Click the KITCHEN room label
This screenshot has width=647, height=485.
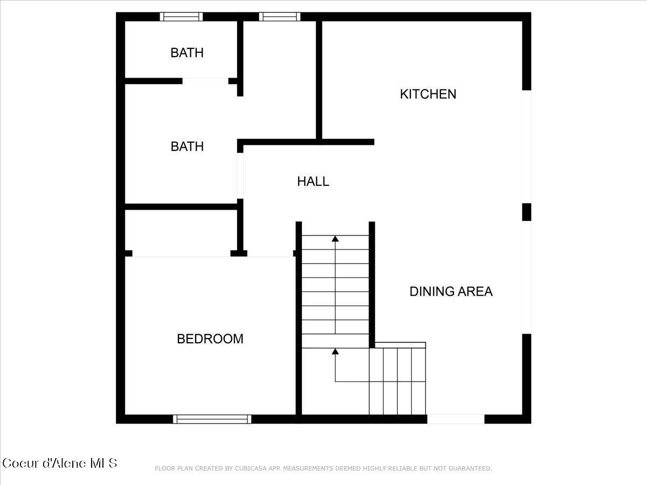(x=428, y=94)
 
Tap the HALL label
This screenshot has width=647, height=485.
(x=313, y=182)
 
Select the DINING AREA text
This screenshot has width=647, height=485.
(x=451, y=292)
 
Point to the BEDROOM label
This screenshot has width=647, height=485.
(x=210, y=339)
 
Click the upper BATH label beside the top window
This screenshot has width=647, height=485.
(x=187, y=53)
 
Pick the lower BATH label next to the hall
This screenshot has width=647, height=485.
(x=187, y=147)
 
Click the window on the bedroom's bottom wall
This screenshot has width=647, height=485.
(x=212, y=419)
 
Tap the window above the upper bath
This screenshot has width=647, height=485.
(x=182, y=17)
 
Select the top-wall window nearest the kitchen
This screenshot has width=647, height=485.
(x=279, y=17)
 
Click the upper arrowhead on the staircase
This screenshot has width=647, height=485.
(x=335, y=238)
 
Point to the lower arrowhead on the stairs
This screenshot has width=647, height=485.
(x=335, y=351)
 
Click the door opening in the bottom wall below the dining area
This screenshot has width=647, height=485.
(x=456, y=419)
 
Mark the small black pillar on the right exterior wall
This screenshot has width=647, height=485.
(x=527, y=212)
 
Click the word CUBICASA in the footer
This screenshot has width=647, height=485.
(x=251, y=469)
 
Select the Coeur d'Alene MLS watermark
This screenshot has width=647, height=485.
(x=59, y=463)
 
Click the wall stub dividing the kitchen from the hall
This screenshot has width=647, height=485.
(x=345, y=142)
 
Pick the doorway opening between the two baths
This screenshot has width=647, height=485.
(x=205, y=81)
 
